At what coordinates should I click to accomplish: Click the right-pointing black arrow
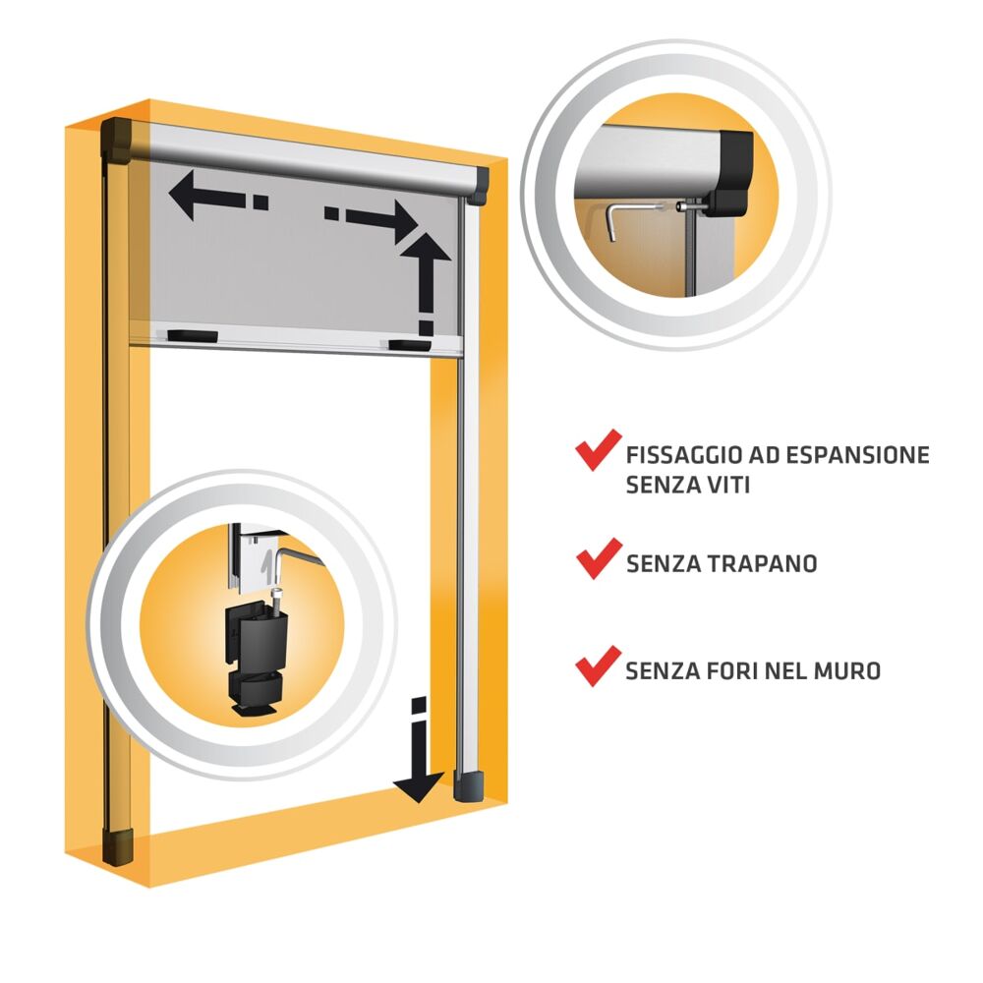[x=372, y=220]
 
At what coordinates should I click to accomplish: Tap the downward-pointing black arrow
[x=419, y=750]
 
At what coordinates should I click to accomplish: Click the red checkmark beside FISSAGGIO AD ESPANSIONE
[x=598, y=449]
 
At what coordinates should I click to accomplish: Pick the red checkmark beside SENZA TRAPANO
[x=599, y=558]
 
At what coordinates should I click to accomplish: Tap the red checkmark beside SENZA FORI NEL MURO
[x=598, y=666]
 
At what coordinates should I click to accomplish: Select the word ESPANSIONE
[x=857, y=455]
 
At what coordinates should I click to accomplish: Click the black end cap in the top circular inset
[x=729, y=173]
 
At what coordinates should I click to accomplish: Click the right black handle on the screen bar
[x=409, y=345]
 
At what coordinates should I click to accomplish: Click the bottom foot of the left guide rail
[x=119, y=845]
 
